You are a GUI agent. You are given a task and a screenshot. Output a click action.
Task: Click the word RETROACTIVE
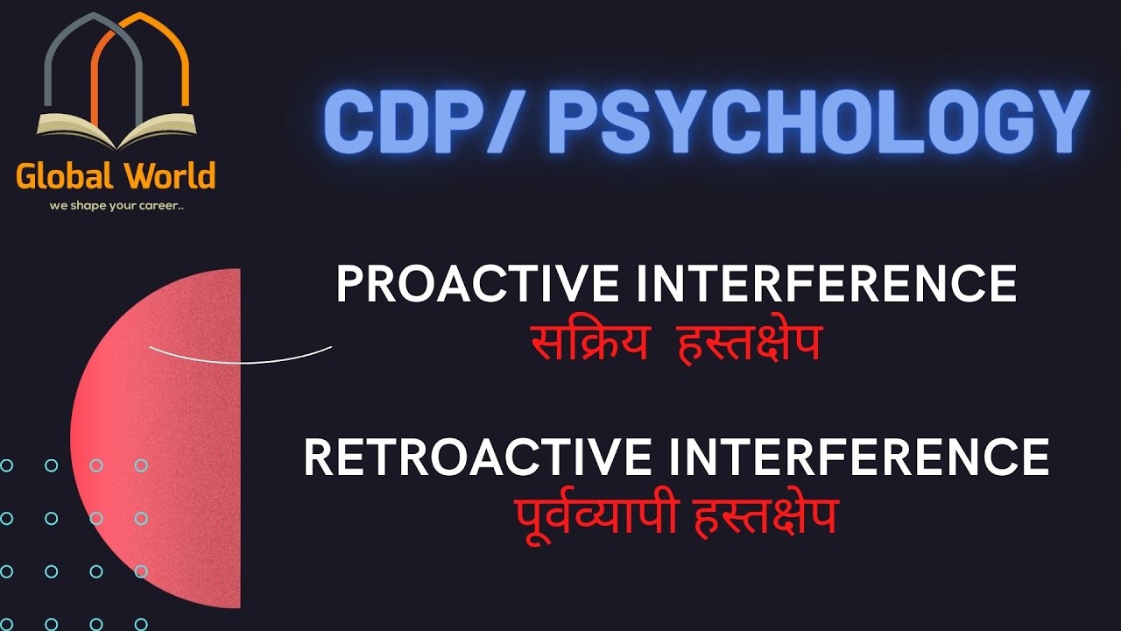coord(476,457)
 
